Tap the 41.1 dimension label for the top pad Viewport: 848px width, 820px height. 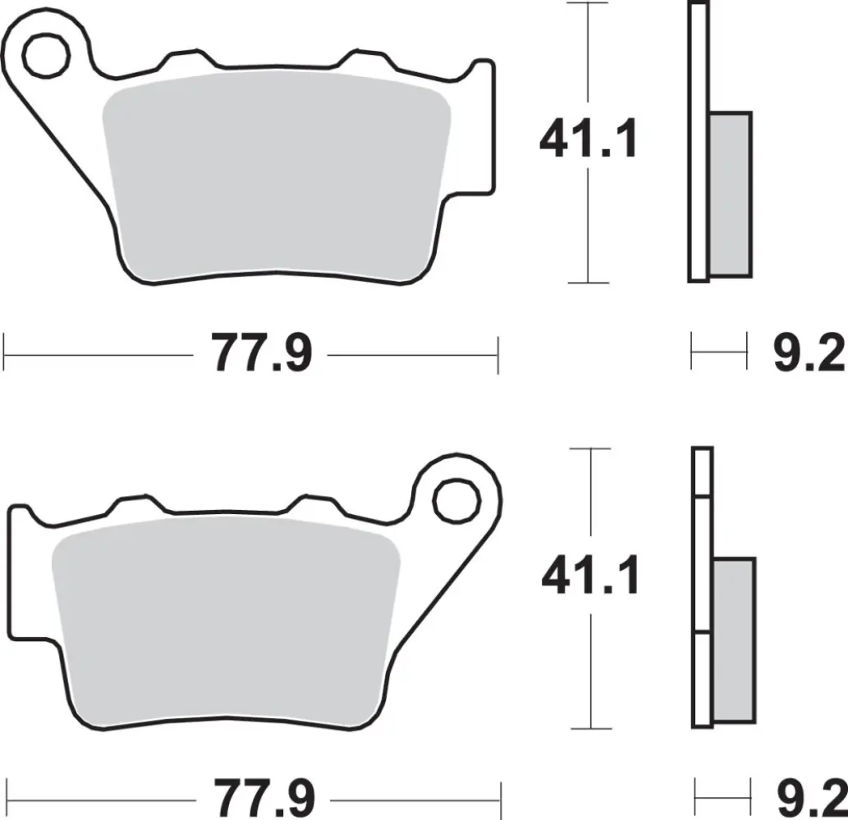click(x=588, y=141)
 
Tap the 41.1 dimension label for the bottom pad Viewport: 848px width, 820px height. click(x=590, y=577)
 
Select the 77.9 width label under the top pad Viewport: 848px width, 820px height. click(x=262, y=354)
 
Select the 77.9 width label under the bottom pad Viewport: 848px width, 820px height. click(x=264, y=795)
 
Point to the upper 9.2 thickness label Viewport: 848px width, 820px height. click(x=809, y=354)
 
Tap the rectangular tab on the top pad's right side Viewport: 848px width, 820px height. click(x=485, y=123)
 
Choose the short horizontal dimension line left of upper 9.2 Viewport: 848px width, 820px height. click(x=719, y=354)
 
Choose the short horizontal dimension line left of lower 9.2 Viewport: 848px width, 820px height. click(x=722, y=795)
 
